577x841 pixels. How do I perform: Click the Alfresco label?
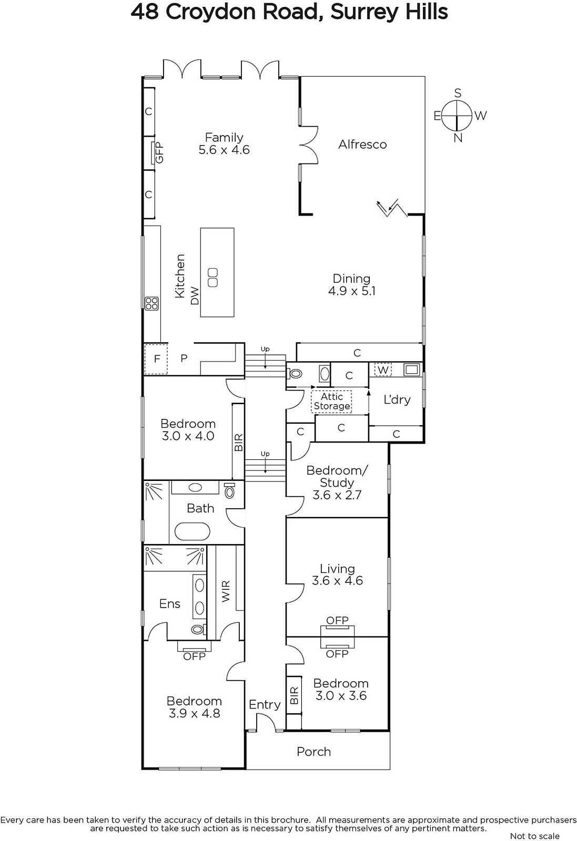coord(362,145)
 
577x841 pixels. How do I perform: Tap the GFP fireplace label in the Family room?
coord(160,152)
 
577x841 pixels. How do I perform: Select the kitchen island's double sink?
coord(212,278)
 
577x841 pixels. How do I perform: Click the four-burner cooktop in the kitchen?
coord(152,303)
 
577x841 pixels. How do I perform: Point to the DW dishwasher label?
coord(194,295)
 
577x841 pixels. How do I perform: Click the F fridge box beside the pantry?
coord(156,359)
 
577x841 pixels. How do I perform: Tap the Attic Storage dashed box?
coord(332,402)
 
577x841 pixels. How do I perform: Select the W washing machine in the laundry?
coord(383,370)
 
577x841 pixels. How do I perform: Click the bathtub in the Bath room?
coord(192,531)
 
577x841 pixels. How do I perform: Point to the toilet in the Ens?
coord(198,629)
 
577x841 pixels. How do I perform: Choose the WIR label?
coord(226,591)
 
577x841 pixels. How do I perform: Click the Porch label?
coord(313,752)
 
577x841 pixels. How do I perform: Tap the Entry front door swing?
coord(266,721)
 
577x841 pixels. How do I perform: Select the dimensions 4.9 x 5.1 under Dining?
coord(352,291)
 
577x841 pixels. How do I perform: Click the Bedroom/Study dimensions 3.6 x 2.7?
coord(337,495)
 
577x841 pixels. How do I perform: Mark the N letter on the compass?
coord(458,138)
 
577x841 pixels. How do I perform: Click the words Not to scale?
coord(534,836)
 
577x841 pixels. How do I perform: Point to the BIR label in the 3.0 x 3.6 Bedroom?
coord(294,695)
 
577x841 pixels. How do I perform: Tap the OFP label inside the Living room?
coord(337,620)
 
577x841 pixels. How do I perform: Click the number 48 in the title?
coord(145,12)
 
